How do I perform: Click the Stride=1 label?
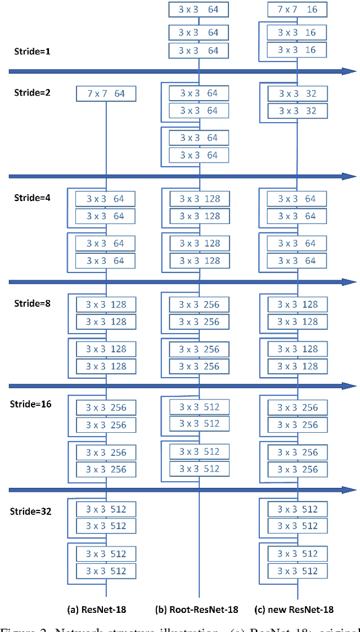[31, 51]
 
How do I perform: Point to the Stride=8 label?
[31, 303]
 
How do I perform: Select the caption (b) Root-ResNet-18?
[196, 609]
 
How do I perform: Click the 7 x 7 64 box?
[106, 93]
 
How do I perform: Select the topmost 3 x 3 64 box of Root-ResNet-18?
[199, 10]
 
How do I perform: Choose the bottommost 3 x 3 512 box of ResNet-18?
[106, 571]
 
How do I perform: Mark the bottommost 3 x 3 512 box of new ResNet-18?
[296, 571]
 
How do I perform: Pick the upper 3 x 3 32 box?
[296, 93]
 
